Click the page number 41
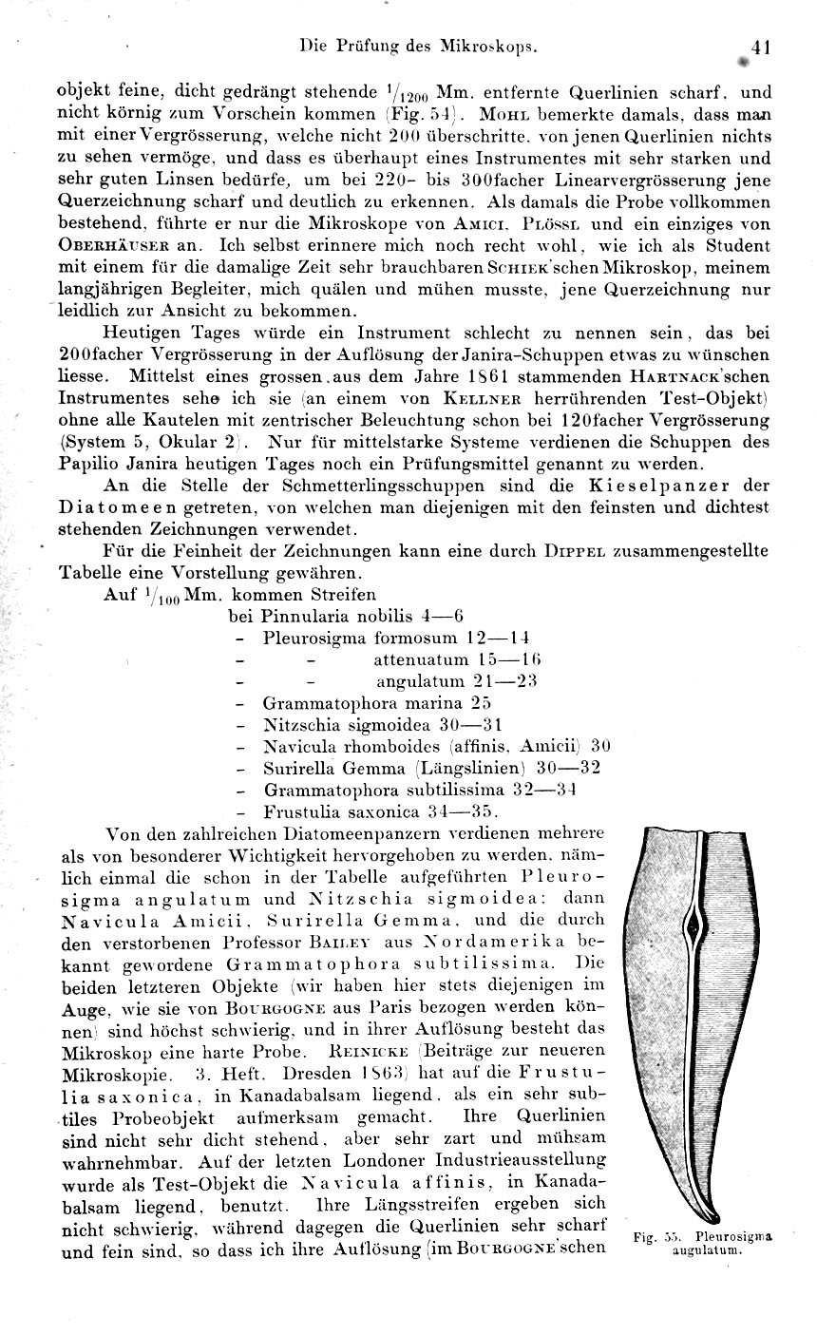click(x=760, y=46)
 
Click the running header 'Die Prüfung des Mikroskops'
click(x=419, y=45)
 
